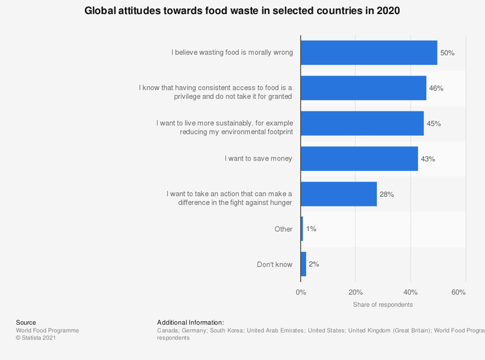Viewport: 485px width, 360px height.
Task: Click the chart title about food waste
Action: point(242,11)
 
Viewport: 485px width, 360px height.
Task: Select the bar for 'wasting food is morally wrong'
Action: point(369,53)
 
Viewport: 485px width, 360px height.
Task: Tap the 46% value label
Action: point(436,88)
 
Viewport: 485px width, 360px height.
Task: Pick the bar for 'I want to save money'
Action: point(359,159)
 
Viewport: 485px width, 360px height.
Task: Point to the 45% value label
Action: point(434,124)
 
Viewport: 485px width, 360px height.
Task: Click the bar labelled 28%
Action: point(339,194)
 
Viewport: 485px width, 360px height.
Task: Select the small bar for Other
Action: point(302,229)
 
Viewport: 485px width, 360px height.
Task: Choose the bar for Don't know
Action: point(304,264)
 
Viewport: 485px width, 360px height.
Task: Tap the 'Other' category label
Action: point(283,229)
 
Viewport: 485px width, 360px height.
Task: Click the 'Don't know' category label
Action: point(274,265)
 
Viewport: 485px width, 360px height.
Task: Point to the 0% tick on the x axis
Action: point(301,292)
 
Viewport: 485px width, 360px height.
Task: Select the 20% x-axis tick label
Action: point(356,292)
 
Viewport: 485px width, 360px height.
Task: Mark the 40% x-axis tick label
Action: point(411,292)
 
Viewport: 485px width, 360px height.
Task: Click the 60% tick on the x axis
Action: point(458,292)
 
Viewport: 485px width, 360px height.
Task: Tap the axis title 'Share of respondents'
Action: point(383,305)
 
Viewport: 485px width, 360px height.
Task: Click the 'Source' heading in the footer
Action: point(26,322)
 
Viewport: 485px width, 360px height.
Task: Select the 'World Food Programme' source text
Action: point(47,331)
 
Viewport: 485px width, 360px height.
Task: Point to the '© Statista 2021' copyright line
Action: point(36,338)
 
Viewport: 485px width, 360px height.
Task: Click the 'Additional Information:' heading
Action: point(190,322)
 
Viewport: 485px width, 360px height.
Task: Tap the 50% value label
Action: point(447,53)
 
